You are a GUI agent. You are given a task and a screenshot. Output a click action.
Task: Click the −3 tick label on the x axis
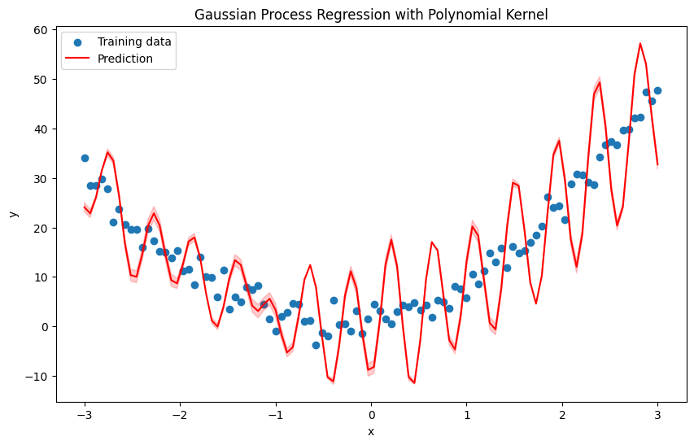85,416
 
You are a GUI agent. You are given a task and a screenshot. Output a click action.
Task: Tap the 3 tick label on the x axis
657,416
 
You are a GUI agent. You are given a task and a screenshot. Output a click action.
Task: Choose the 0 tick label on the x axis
371,416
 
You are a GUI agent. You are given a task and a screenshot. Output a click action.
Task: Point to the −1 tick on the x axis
276,416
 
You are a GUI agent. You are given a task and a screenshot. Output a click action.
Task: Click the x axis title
371,432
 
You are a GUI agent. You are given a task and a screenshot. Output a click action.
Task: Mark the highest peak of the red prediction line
640,43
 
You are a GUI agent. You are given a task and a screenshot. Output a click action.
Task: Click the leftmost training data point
85,158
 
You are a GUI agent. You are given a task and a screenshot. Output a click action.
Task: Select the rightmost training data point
657,90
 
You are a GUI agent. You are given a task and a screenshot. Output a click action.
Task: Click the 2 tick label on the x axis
562,416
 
